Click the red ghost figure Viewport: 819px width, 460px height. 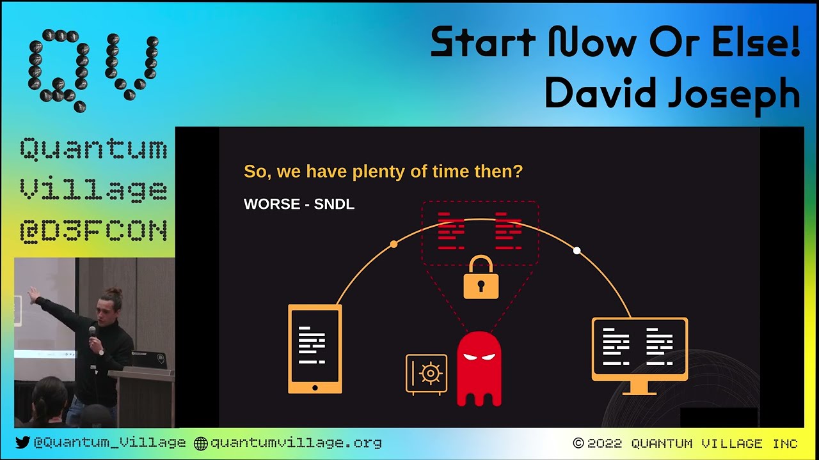click(x=479, y=369)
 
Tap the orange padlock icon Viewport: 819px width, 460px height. click(x=481, y=279)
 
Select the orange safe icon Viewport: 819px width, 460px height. click(x=426, y=374)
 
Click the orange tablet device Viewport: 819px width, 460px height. click(x=315, y=349)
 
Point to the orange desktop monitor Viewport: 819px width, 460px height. click(x=640, y=351)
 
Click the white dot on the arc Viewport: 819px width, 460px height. click(x=576, y=251)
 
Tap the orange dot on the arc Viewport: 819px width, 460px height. click(x=394, y=244)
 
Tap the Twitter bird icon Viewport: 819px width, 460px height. click(x=22, y=443)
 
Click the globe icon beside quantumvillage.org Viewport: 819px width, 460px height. click(x=201, y=443)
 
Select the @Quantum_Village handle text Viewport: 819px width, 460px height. click(x=109, y=443)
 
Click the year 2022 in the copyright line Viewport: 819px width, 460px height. click(x=605, y=443)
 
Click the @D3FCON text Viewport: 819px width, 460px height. click(x=93, y=230)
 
